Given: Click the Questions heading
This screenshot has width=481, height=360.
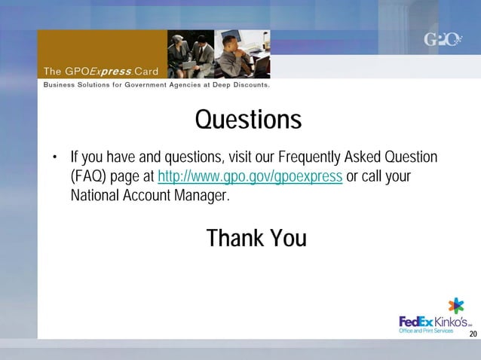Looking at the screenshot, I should (248, 120).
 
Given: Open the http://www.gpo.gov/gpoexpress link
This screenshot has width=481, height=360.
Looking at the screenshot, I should (250, 177).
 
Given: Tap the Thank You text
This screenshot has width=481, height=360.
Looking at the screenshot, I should (256, 239).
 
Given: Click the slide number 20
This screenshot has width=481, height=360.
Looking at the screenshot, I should (473, 334).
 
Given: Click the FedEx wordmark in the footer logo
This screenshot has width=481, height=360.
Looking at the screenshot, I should (415, 322).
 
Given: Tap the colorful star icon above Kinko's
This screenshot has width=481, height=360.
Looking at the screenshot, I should (456, 306).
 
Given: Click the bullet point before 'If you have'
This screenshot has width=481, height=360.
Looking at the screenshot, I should (54, 159).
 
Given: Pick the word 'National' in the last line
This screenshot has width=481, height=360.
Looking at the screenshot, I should (98, 196).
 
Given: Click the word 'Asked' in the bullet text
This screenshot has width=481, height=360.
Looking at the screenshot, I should (363, 158).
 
